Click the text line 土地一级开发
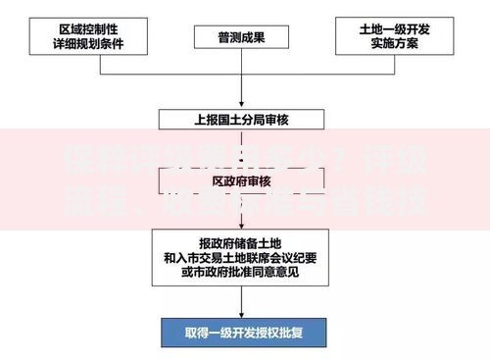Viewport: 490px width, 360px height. [x=396, y=29]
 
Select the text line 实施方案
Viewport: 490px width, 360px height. [x=396, y=45]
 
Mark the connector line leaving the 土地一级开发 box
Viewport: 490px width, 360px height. [x=396, y=74]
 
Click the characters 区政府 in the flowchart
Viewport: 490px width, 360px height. [x=231, y=181]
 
